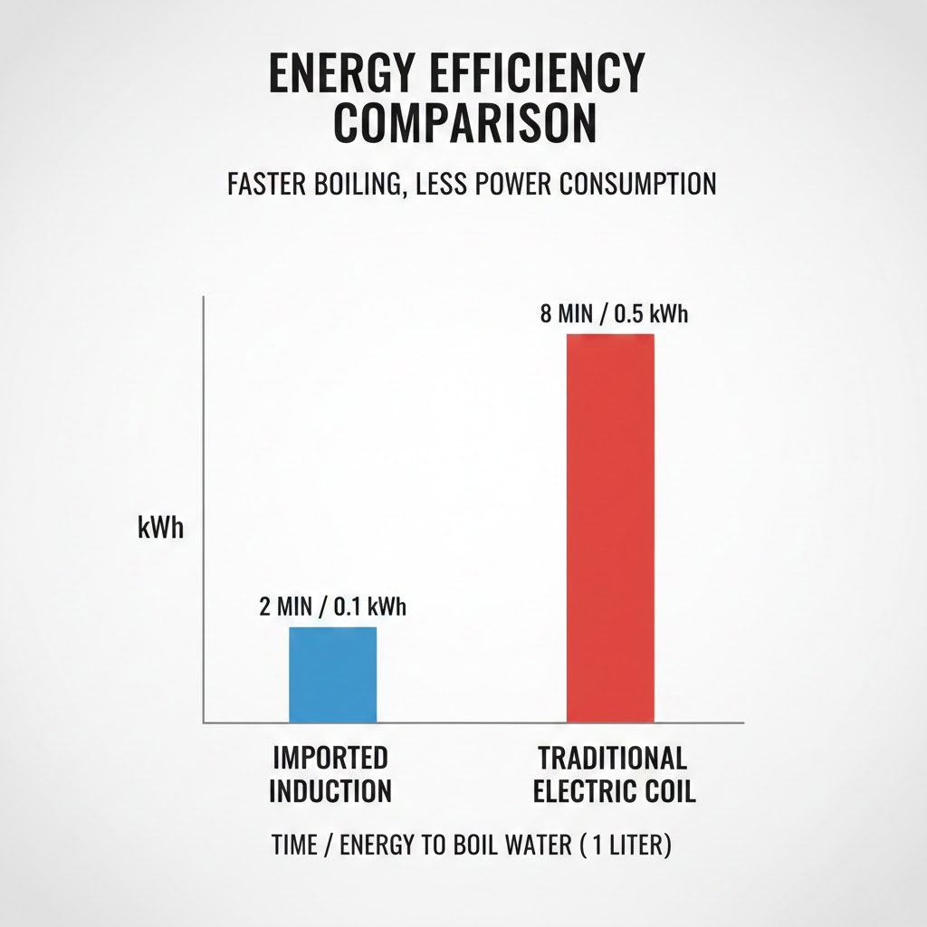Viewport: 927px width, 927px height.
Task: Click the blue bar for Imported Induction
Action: [x=332, y=674]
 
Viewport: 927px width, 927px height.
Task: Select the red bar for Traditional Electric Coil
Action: [x=610, y=528]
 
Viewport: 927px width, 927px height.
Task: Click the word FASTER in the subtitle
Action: [x=263, y=184]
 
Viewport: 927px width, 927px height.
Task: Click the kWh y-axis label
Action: [x=160, y=529]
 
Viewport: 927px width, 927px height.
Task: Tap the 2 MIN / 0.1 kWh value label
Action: [x=332, y=607]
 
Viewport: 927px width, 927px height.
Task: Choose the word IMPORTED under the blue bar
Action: [x=330, y=757]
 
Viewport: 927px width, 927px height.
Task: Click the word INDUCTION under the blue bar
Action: [x=330, y=790]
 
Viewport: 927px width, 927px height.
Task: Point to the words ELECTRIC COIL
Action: [x=615, y=790]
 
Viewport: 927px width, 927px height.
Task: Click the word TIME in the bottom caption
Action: [x=295, y=846]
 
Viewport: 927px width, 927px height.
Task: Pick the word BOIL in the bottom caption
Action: [x=471, y=846]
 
